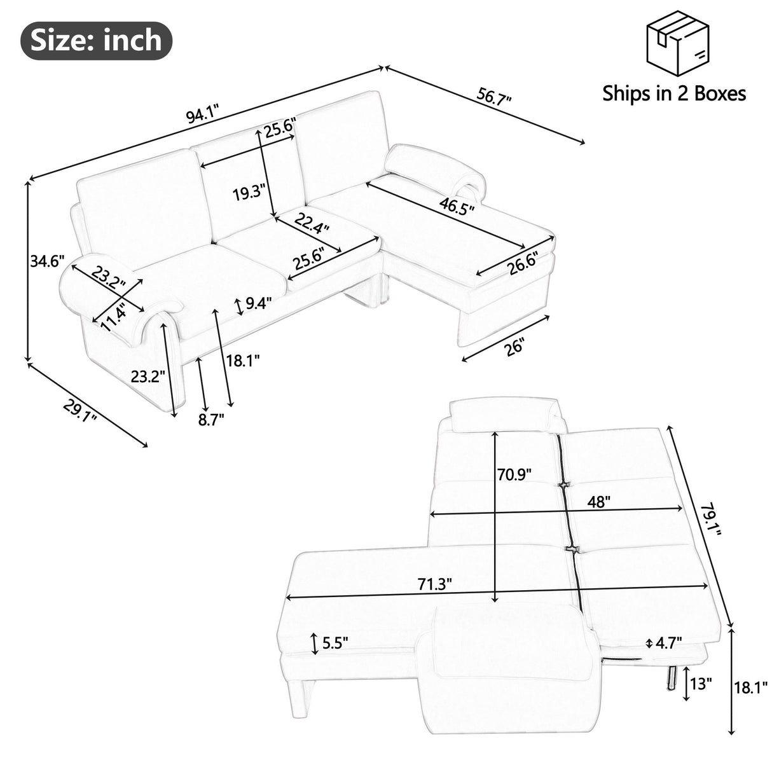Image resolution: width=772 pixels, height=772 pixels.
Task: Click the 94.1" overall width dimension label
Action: (x=202, y=115)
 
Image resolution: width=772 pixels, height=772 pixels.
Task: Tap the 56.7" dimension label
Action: (x=493, y=96)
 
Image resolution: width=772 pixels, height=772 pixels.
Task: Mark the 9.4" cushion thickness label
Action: (x=258, y=303)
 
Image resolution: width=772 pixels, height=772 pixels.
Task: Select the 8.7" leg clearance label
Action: (x=210, y=419)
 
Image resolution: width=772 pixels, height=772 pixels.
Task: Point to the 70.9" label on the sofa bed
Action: (x=514, y=474)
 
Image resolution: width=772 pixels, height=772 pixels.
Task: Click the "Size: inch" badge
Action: (x=97, y=41)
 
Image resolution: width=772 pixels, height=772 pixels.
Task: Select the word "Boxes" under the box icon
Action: (x=715, y=94)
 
